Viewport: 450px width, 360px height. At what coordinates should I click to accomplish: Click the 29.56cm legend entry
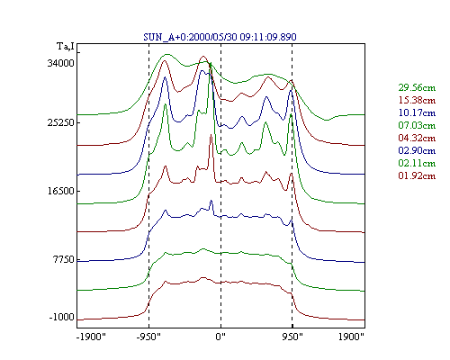[x=417, y=87]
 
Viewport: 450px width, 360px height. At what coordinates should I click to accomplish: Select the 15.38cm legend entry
[x=417, y=100]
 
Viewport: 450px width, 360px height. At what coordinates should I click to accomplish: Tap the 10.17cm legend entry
[x=417, y=112]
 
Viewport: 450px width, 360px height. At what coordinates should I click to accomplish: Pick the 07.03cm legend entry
[x=417, y=125]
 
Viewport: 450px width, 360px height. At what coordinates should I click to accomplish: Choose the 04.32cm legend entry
[x=417, y=138]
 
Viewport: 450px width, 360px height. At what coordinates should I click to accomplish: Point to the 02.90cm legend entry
[x=417, y=150]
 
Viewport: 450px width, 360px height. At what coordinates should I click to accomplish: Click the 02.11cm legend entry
[x=417, y=163]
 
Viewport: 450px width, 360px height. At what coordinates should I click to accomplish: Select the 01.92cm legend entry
[x=417, y=175]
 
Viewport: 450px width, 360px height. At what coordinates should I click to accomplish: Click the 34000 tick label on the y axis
[x=60, y=63]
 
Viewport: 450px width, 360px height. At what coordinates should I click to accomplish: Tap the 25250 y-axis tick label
[x=60, y=122]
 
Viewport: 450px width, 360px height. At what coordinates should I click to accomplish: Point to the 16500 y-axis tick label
[x=60, y=191]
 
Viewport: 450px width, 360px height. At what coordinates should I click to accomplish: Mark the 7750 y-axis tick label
[x=63, y=259]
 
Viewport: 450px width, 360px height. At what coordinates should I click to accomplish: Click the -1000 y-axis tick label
[x=61, y=317]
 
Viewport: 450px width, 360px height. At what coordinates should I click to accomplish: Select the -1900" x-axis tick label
[x=91, y=337]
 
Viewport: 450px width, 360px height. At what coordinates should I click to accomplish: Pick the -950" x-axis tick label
[x=148, y=337]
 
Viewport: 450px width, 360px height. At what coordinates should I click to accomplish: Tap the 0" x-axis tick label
[x=220, y=337]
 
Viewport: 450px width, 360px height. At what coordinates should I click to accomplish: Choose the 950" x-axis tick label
[x=292, y=337]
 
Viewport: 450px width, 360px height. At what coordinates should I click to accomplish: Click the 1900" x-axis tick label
[x=351, y=337]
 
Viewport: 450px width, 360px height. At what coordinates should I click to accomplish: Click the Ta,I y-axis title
[x=66, y=47]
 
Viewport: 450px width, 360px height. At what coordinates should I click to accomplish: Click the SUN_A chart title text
[x=220, y=37]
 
